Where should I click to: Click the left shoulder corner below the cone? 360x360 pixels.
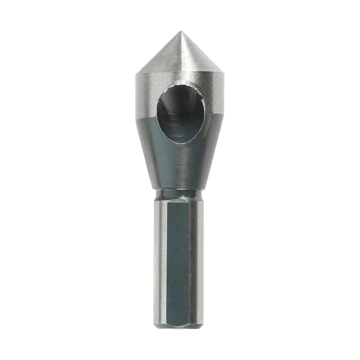click(x=136, y=75)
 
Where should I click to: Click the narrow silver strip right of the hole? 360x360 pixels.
click(x=215, y=97)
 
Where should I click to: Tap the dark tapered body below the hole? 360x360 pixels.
click(x=180, y=166)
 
